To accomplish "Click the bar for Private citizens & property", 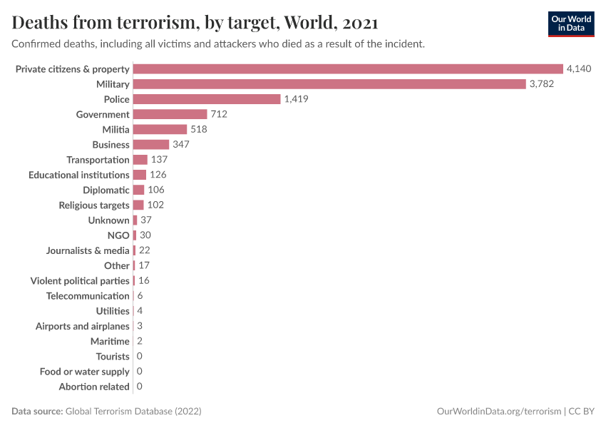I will [x=348, y=69].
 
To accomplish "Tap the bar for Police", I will [x=207, y=99].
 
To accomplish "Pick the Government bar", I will [x=170, y=114].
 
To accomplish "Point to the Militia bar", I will [x=160, y=129].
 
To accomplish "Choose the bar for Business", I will [x=151, y=145].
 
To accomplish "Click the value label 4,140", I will [x=579, y=69].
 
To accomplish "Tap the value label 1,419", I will [x=296, y=99].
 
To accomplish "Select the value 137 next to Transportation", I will [x=159, y=160].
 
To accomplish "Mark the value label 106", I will [x=155, y=190].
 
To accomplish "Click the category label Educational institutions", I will [x=79, y=175].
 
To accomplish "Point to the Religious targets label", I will [x=94, y=205].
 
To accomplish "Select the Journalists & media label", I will [x=88, y=250].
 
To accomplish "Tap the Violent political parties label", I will [x=80, y=281].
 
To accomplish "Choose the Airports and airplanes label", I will [x=83, y=326].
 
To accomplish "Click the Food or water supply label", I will [x=85, y=372].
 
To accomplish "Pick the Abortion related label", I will [x=94, y=387].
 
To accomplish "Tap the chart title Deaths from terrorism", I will [x=195, y=23].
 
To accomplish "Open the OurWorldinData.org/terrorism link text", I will [x=498, y=412].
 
